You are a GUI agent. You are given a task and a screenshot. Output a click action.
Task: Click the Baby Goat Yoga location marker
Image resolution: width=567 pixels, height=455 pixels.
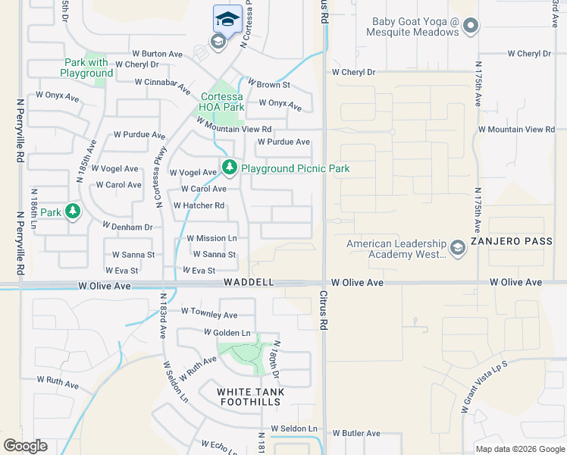471,27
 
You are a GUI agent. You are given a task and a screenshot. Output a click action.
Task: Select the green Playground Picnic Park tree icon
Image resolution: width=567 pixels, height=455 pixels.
229,167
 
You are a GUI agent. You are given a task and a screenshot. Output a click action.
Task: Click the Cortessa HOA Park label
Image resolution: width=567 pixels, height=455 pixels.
223,102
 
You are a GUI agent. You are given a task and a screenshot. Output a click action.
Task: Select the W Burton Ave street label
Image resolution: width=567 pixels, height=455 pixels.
158,54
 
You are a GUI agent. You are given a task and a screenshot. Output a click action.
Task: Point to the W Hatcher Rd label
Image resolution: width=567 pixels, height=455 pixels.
199,206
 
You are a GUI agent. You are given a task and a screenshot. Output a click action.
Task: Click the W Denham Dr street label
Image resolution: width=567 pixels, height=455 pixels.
127,227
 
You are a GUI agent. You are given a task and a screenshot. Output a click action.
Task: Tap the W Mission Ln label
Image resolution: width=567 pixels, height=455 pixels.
211,238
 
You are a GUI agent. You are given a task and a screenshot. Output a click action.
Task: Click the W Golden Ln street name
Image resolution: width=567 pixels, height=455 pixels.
227,332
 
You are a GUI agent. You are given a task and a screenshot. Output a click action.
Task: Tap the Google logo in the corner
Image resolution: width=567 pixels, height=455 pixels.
25,446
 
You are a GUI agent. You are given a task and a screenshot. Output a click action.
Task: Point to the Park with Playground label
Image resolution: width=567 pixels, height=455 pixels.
88,67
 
